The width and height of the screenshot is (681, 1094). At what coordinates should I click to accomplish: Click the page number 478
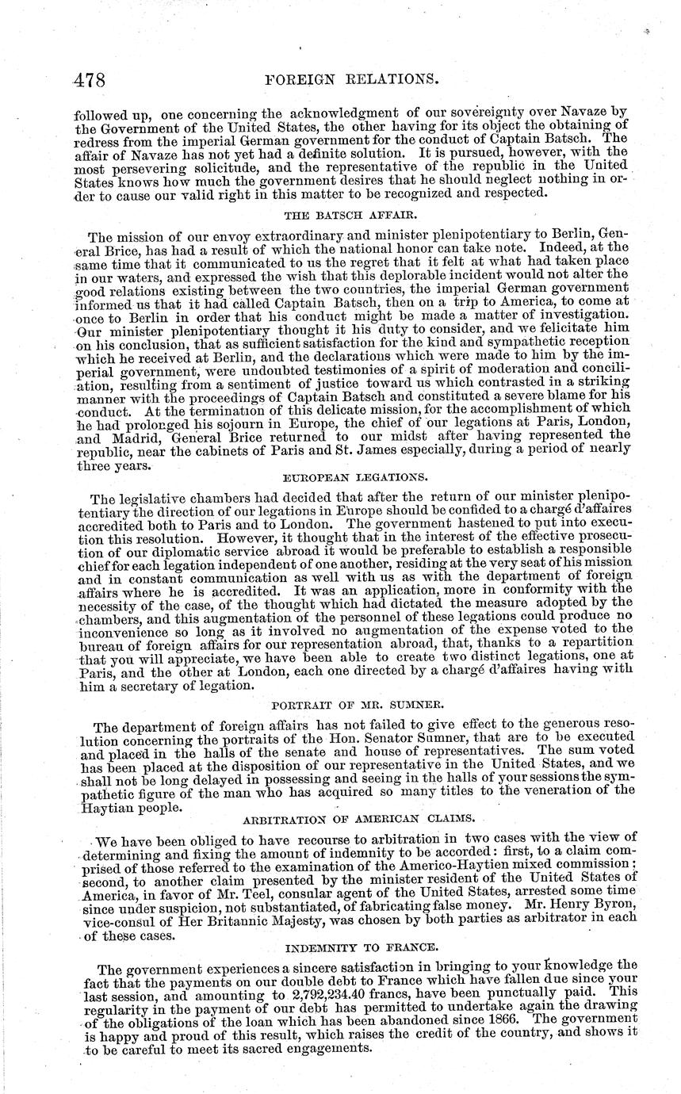89,81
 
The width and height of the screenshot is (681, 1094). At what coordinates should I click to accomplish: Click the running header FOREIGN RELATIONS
369,80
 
